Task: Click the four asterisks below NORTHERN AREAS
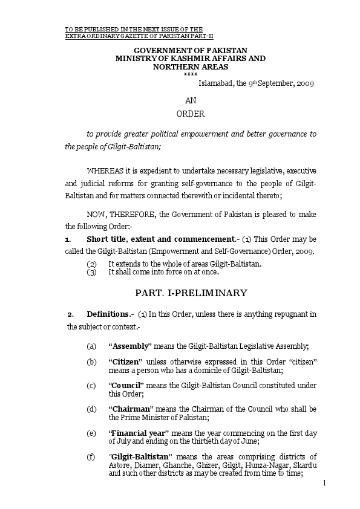point(191,74)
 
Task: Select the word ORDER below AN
point(191,113)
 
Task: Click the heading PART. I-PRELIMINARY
point(191,293)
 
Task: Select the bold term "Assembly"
point(130,346)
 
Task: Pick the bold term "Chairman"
point(130,409)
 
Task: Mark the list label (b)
point(91,361)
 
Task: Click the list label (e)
point(91,433)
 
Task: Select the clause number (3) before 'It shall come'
point(91,272)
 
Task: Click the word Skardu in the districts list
point(306,465)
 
